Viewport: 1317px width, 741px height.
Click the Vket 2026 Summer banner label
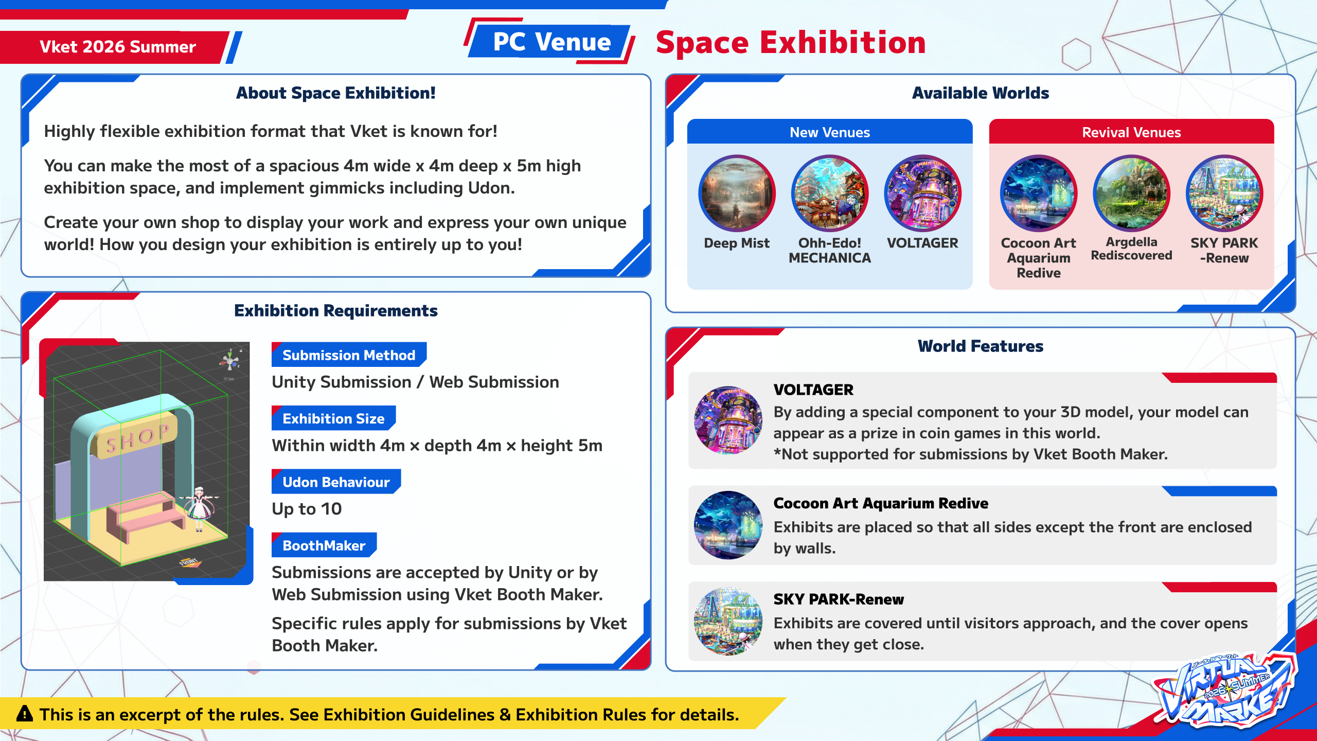point(118,47)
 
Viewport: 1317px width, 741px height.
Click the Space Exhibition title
point(791,42)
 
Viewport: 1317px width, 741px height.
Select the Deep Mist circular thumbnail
point(737,193)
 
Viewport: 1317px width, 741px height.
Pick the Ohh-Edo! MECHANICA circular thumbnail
point(830,193)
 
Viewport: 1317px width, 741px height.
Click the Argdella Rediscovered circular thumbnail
point(1131,193)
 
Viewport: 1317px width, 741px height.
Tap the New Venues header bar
point(830,132)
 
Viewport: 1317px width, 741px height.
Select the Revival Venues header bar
point(1131,132)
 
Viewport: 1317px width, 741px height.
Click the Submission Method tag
point(349,355)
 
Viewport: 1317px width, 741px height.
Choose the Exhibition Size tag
point(333,418)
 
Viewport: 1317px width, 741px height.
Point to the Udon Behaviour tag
point(336,482)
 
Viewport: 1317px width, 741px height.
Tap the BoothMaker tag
point(324,545)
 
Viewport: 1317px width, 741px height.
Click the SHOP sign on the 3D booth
point(135,435)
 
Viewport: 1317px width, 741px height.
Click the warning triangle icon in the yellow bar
point(25,714)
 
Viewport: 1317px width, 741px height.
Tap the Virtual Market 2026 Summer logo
point(1227,690)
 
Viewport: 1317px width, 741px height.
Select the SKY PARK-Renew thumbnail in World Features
point(728,621)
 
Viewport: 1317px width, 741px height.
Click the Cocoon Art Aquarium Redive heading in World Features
point(881,503)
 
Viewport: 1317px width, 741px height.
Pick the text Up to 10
point(307,508)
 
